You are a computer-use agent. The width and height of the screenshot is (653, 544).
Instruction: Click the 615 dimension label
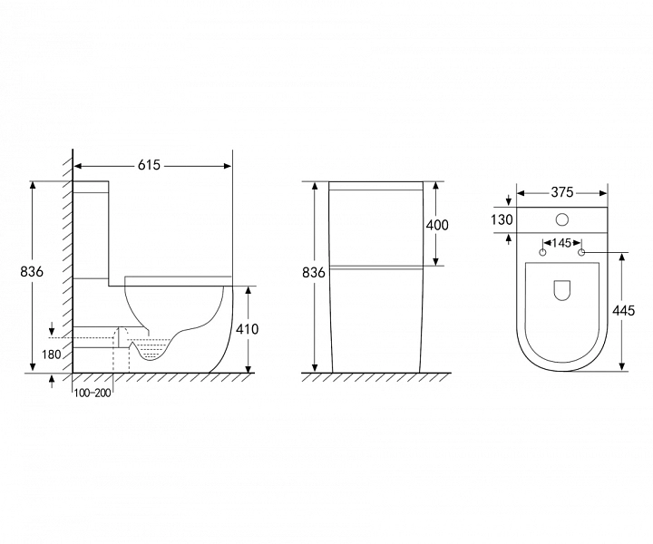[149, 165]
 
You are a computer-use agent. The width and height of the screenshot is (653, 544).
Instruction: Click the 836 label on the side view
[32, 271]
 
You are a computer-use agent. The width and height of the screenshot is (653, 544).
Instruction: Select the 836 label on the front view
[314, 273]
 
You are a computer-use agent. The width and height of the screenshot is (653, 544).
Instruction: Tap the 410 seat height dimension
[247, 329]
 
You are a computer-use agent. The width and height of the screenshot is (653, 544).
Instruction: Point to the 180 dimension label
[51, 355]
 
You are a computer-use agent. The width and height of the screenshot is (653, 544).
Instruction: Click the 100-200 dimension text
[93, 393]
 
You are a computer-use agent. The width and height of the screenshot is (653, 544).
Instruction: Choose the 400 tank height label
[437, 225]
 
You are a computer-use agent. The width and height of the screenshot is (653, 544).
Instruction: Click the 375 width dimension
[562, 192]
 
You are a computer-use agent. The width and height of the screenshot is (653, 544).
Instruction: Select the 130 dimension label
[502, 219]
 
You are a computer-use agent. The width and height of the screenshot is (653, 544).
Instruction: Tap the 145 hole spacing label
[561, 243]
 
